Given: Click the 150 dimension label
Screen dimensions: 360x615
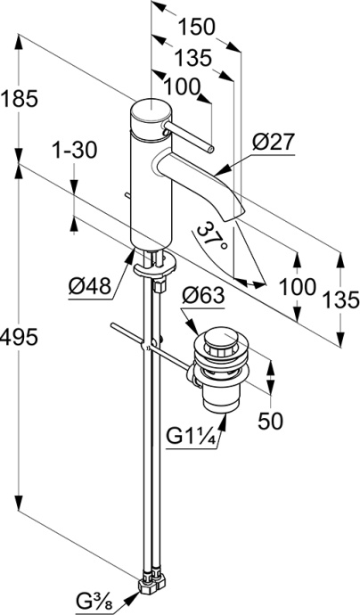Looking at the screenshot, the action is click(x=197, y=27).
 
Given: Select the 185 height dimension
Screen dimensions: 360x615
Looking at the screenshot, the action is click(x=20, y=98).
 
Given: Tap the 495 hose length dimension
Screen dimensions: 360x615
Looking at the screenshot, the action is click(x=20, y=337).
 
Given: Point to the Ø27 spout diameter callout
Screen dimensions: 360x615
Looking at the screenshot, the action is click(x=273, y=143).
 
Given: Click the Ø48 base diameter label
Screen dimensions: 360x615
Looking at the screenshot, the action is click(x=89, y=288).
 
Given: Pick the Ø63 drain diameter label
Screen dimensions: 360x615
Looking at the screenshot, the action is click(x=203, y=296).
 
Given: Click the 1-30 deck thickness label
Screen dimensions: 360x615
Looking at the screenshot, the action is click(x=75, y=151).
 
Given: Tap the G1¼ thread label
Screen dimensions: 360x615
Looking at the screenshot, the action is click(x=192, y=436).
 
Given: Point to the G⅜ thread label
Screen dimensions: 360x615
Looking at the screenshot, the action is click(x=94, y=601).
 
